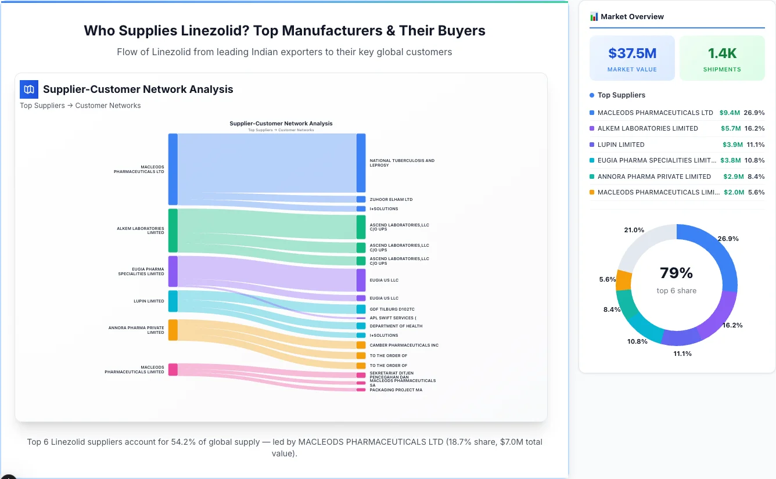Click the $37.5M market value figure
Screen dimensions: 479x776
(632, 53)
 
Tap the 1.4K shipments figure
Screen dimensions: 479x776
(722, 53)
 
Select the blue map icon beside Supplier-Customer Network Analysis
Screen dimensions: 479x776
(29, 89)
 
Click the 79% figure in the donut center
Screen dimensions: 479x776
(676, 273)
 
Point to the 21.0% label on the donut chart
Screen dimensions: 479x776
(634, 230)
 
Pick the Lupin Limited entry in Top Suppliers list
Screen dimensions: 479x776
(621, 145)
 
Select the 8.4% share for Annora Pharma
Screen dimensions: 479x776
(756, 177)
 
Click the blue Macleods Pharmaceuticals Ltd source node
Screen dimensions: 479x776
(173, 169)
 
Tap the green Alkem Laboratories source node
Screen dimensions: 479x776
(173, 231)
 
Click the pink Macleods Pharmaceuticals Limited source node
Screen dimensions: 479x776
(173, 369)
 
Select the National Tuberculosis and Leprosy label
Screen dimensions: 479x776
(402, 163)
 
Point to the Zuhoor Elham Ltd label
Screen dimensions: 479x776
(391, 200)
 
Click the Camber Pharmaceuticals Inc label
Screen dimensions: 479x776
(404, 345)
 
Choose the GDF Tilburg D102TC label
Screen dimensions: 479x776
(392, 309)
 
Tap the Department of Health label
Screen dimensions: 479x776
(396, 326)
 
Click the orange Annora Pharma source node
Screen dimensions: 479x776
(173, 330)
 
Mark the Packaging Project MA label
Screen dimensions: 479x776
(396, 390)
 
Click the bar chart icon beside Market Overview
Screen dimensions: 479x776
(594, 17)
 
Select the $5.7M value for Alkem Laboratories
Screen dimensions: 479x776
(731, 128)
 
